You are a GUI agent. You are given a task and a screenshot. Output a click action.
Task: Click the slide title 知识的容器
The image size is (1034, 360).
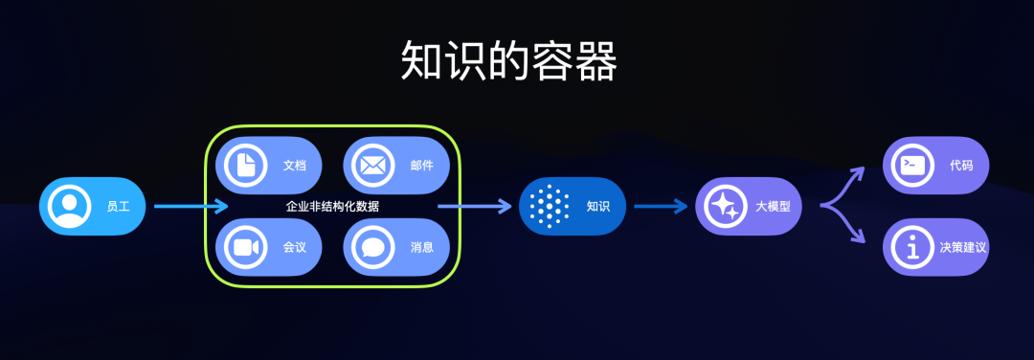(x=508, y=60)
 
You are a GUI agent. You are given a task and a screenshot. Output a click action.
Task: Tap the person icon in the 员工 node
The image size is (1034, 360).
(x=69, y=206)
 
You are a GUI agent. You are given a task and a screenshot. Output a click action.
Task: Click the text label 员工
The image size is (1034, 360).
(x=118, y=206)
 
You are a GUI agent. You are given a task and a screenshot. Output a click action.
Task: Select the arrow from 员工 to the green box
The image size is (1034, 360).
(x=191, y=206)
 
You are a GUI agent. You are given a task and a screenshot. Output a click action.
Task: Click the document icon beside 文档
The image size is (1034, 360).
(x=245, y=165)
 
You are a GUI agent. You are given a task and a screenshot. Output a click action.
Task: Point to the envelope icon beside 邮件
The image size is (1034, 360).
(x=372, y=165)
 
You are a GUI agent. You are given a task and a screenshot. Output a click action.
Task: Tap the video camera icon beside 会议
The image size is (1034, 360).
(x=245, y=247)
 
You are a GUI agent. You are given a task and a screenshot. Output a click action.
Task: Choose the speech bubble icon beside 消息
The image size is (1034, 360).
(x=372, y=247)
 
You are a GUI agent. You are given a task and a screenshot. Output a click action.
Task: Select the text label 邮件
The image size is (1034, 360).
(x=422, y=165)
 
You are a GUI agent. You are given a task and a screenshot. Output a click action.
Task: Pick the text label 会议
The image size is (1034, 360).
(x=294, y=247)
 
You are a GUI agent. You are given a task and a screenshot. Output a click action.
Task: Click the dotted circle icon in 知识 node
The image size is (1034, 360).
(x=549, y=206)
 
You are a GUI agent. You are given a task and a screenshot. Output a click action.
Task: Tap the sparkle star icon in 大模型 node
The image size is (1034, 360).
(x=725, y=206)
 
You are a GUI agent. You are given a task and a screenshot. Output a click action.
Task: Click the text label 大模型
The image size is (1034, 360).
(x=773, y=206)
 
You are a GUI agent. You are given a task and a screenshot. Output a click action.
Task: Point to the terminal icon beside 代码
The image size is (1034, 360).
(x=912, y=165)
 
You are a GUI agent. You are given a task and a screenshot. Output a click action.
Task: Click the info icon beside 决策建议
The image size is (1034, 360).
(x=912, y=247)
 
